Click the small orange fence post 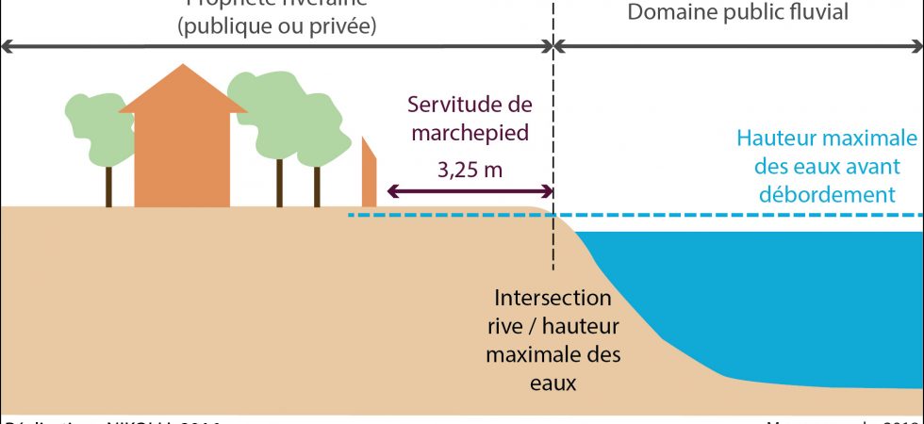pos(369,174)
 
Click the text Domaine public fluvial pos(738,12)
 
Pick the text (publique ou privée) pos(276,25)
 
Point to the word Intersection pos(553,300)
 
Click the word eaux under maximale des pos(553,383)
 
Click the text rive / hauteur pos(553,327)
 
